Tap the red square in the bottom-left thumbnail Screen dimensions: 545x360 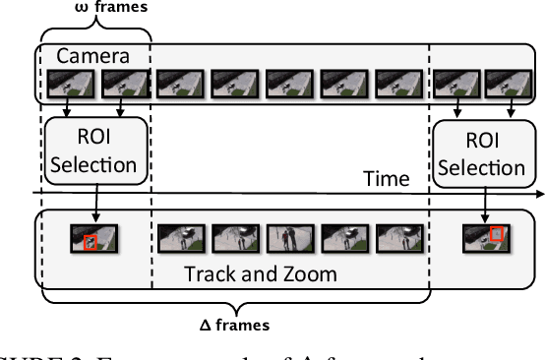91,241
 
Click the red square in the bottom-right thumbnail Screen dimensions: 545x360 497,234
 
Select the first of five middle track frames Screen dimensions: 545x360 180,237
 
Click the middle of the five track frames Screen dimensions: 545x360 289,237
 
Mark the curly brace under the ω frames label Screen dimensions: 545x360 94,31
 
